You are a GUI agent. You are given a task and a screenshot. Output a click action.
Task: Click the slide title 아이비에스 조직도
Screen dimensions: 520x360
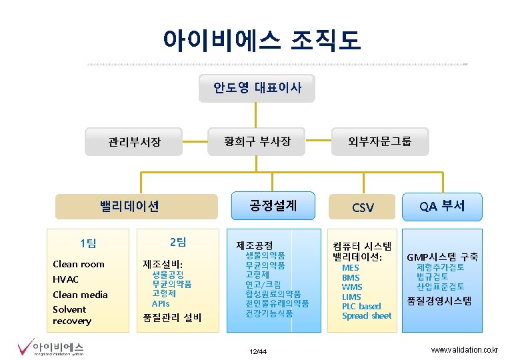262,40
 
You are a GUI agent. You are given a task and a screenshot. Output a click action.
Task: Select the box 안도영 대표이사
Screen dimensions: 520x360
257,87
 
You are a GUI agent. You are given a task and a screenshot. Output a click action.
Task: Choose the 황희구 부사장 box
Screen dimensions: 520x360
257,141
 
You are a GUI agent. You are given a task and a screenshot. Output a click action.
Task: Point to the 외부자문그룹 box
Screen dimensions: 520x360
379,141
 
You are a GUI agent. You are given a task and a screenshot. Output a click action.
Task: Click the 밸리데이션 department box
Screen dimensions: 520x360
129,207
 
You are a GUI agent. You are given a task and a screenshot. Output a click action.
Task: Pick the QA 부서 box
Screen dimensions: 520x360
443,205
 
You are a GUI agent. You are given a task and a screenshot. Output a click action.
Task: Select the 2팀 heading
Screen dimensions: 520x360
177,241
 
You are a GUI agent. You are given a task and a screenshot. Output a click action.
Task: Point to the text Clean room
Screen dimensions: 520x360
79,264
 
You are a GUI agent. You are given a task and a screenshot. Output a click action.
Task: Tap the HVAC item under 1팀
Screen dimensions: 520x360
65,279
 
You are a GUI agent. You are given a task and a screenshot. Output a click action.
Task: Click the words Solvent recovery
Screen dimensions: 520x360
71,315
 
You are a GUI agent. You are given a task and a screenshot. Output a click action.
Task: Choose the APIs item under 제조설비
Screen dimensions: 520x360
161,303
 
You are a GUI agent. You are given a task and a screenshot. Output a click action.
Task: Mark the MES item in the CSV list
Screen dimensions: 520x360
351,268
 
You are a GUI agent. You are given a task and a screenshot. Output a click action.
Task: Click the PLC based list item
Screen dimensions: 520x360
361,306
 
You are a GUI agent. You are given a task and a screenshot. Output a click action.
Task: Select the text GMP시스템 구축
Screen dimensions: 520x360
442,257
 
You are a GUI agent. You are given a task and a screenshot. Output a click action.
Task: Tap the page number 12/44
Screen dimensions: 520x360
257,351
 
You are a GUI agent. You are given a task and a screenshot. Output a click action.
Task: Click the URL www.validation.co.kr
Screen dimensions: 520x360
464,350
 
